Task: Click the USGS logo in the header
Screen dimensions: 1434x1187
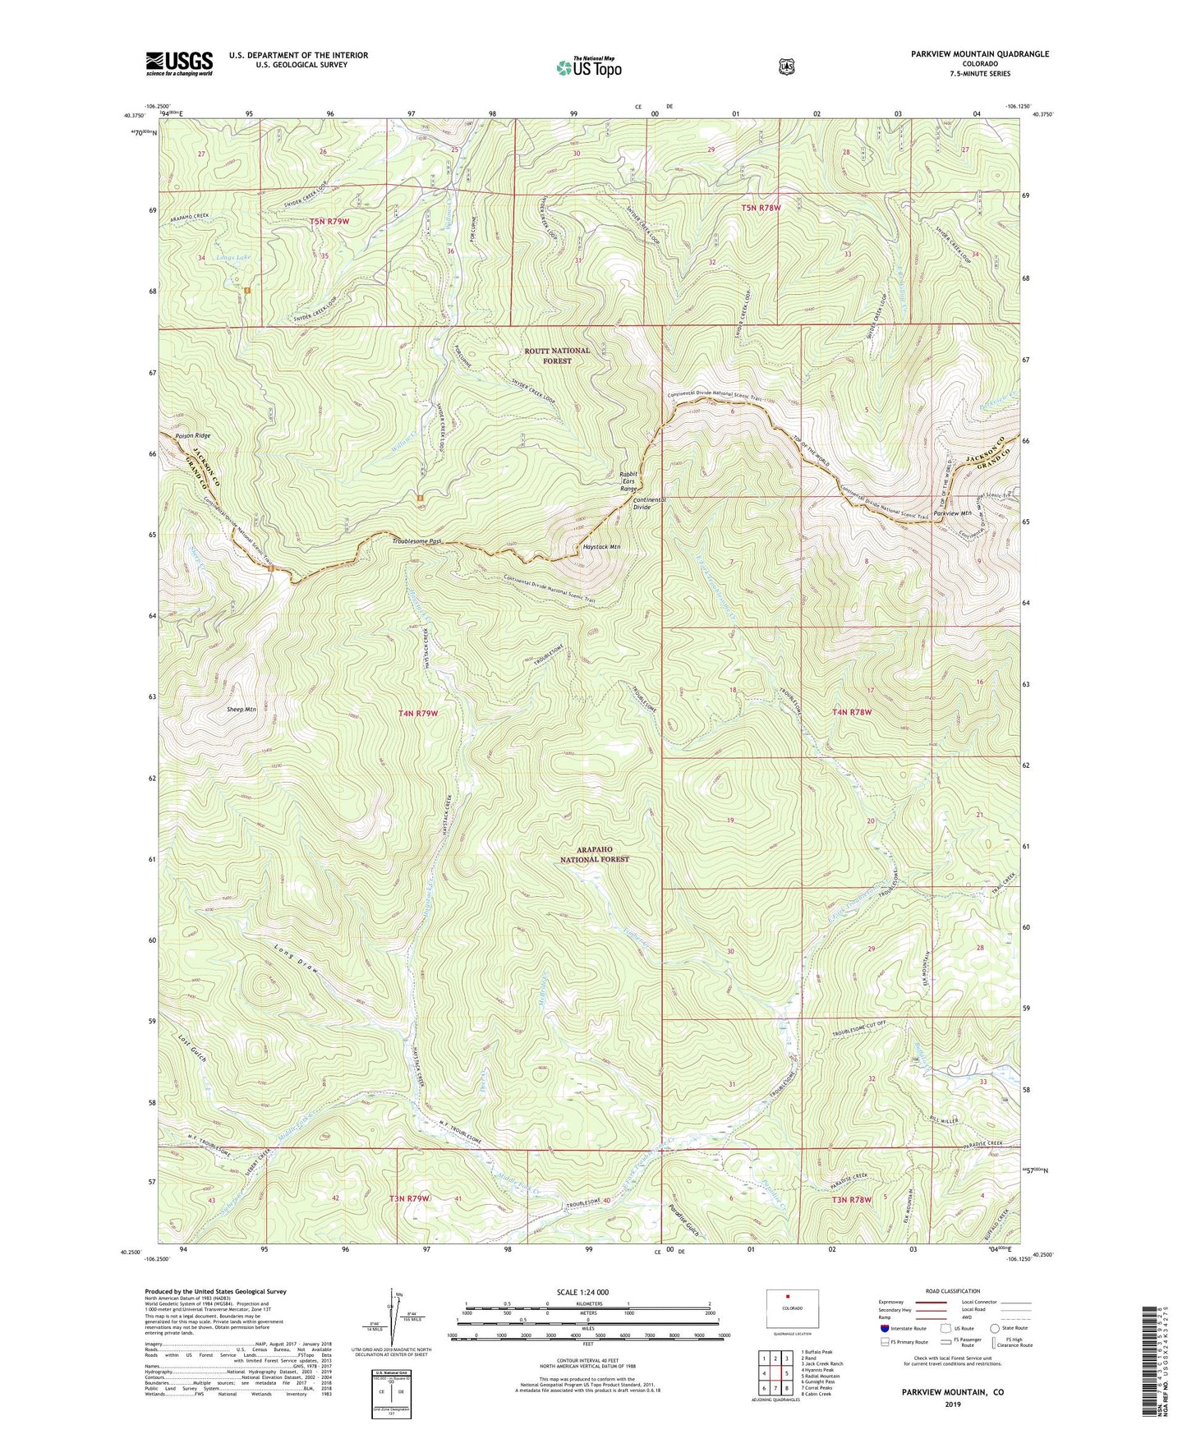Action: pos(179,62)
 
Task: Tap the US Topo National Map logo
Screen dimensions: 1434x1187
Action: pos(588,67)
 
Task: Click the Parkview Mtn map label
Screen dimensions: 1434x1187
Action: pos(954,513)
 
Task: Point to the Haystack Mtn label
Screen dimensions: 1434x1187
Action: pos(601,547)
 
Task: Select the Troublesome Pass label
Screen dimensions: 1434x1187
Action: pos(417,541)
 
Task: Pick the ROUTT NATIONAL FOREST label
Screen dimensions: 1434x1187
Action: pos(557,356)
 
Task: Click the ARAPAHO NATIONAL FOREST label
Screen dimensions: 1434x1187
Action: pos(594,854)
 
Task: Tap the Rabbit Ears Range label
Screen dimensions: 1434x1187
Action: pos(629,480)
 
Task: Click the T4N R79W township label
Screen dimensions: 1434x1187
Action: pos(417,714)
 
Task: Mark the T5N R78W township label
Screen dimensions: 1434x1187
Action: pos(761,208)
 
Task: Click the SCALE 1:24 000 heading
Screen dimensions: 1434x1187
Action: pos(582,1292)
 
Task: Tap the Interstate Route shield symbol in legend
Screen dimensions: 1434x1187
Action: pos(884,1328)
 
